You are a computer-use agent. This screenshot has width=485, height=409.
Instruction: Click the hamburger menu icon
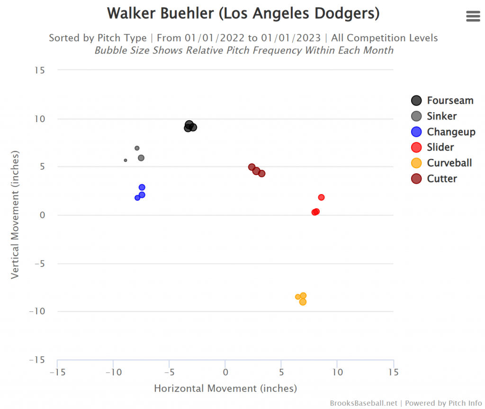tap(473, 16)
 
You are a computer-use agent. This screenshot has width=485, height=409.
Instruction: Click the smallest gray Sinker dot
tap(126, 160)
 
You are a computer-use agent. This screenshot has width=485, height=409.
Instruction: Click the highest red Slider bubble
tap(321, 197)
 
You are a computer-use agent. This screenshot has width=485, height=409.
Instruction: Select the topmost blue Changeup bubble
tap(142, 187)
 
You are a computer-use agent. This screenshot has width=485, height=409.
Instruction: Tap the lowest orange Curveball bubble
tap(303, 302)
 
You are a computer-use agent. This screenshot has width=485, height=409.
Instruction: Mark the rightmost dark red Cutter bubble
tap(262, 174)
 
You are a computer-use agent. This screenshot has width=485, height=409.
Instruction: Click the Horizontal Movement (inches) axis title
tap(225, 389)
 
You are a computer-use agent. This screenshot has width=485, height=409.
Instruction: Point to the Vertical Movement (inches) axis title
tap(15, 215)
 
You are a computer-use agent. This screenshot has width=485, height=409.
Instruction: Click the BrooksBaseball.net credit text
tap(364, 403)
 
